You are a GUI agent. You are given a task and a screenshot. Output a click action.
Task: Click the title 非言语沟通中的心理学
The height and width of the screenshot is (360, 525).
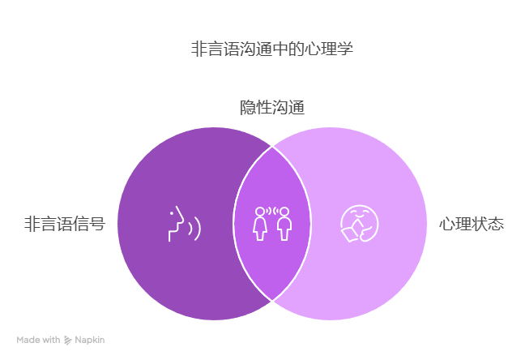272,49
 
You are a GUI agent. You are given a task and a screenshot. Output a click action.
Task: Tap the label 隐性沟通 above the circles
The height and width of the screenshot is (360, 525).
272,108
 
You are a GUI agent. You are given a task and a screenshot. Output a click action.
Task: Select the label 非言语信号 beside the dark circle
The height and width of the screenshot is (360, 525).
65,224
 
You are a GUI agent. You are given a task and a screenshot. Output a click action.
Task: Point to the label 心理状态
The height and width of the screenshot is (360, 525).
472,224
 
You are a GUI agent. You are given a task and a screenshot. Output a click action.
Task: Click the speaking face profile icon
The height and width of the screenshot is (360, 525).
184,224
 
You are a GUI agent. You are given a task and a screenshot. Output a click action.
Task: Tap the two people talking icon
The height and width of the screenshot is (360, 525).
272,224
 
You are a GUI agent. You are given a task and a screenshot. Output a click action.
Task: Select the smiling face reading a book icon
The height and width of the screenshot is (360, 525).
360,224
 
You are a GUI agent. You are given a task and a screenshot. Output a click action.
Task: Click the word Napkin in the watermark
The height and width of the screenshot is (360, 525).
90,340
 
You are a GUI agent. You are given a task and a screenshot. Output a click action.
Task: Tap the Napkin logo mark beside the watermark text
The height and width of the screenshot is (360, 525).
67,341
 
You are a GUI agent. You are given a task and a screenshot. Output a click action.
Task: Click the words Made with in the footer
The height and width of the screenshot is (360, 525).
38,340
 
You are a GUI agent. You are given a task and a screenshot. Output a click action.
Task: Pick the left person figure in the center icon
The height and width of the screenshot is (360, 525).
260,224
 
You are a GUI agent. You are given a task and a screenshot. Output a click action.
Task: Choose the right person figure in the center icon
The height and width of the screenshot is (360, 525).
284,224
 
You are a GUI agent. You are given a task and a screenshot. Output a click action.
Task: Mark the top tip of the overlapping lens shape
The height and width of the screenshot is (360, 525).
272,147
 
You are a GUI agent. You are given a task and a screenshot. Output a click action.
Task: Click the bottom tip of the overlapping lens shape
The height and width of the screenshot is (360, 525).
272,301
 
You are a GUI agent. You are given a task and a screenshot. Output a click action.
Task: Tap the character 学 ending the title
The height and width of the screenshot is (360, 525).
345,49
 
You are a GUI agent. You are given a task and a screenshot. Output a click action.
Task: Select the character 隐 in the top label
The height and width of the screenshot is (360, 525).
248,108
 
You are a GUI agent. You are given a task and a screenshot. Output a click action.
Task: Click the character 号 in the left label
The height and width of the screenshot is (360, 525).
98,224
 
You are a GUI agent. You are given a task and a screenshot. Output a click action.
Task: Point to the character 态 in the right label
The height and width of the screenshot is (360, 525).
496,224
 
